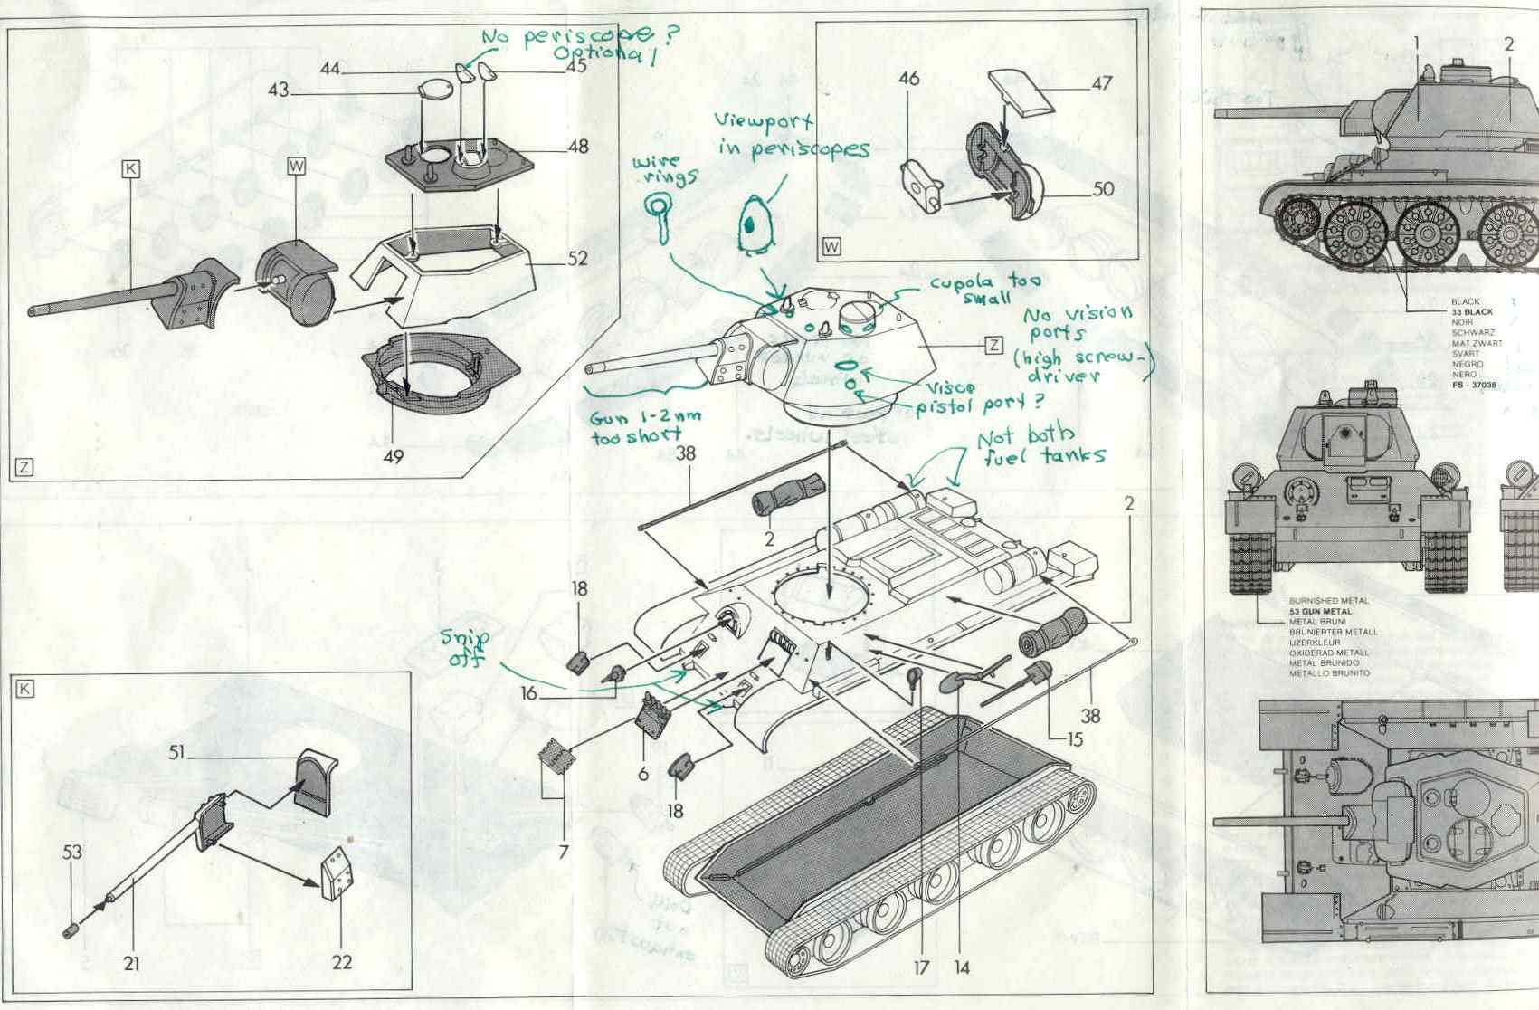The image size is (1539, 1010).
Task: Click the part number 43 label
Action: pos(278,91)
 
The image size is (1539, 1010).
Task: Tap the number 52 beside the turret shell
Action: pos(578,259)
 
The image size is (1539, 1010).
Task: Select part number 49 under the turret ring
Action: pos(393,457)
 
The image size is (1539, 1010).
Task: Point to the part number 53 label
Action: pos(72,852)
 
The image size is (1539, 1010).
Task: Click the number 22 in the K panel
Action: pos(341,962)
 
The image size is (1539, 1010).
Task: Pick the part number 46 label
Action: pos(908,80)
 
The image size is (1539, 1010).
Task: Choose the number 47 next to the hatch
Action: pos(1101,83)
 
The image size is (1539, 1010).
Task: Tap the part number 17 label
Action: pos(920,967)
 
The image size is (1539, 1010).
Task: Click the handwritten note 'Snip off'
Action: pos(466,648)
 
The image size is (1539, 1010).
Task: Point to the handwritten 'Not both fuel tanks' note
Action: pos(1040,446)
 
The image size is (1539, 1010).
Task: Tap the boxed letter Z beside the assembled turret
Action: pos(993,344)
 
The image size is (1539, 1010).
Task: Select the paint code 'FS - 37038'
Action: pos(1475,385)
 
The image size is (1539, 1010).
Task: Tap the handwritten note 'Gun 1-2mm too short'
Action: pos(636,427)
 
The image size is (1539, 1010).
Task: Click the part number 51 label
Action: pos(177,753)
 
